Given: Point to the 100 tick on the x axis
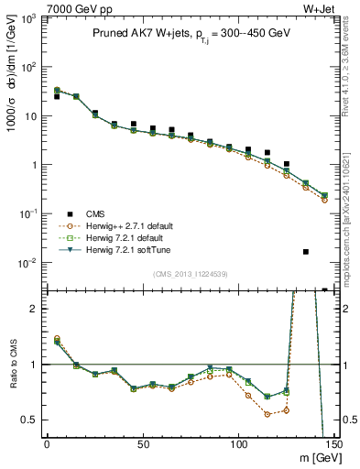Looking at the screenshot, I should tap(239, 444).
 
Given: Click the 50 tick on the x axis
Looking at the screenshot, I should tap(143, 444).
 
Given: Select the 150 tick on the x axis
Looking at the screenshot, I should tap(333, 444).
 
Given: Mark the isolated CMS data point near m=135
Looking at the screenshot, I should tap(306, 252).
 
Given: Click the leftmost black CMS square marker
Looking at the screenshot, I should tap(57, 96).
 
